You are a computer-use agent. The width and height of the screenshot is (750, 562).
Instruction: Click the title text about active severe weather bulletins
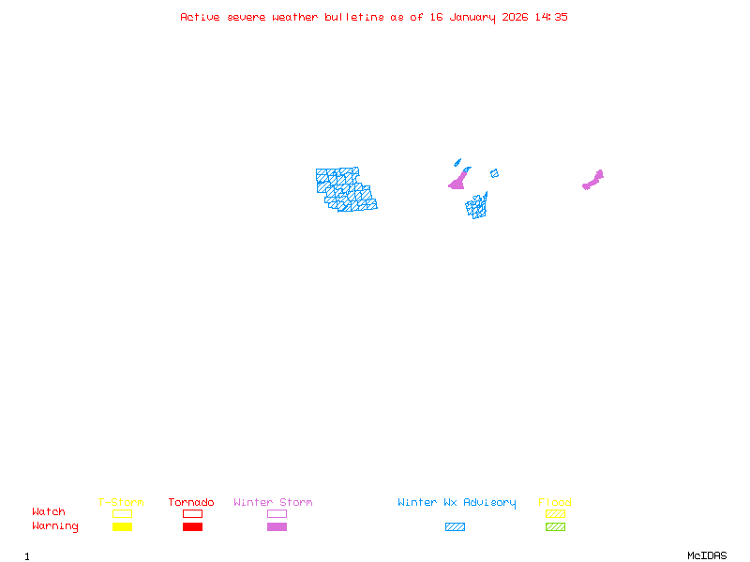pos(374,17)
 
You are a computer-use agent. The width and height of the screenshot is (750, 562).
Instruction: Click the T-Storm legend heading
pos(121,503)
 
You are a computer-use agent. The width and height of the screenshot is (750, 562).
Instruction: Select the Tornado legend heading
pos(191,503)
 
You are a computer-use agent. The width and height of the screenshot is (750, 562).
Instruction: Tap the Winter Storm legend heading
pos(273,503)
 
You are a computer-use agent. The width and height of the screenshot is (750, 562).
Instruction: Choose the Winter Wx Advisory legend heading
pos(457,503)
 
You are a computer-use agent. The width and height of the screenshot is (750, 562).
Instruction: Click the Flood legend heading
pos(555,503)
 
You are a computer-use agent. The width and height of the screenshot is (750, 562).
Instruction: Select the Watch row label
pos(49,512)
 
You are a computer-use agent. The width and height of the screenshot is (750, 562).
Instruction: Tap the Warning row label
pos(55,526)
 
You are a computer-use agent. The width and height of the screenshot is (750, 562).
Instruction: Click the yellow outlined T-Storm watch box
pos(122,513)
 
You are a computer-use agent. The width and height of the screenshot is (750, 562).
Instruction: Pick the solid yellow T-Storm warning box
pos(122,527)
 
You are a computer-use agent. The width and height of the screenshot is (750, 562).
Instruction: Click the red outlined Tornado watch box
pos(192,513)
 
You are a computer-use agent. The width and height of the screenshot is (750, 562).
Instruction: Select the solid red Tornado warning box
pos(192,527)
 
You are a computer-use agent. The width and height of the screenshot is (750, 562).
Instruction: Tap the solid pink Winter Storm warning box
pos(277,527)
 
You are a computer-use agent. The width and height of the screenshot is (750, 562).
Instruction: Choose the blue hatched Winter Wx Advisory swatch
pos(455,527)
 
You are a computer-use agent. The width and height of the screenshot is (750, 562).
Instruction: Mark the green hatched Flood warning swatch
pos(555,527)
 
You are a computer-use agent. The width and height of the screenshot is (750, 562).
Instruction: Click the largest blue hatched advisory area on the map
pos(345,190)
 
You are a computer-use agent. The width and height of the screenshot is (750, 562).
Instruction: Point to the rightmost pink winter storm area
pos(593,180)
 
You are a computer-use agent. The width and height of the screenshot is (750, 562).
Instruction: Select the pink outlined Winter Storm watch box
pos(277,513)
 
